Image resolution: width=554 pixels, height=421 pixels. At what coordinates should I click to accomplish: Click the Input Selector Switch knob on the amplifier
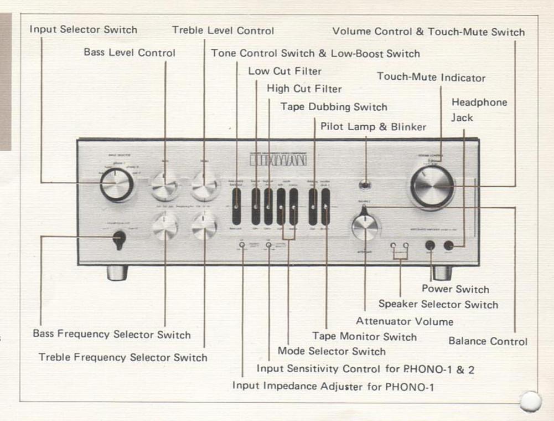click(x=117, y=184)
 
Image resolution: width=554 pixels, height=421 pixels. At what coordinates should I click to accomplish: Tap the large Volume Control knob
click(x=432, y=186)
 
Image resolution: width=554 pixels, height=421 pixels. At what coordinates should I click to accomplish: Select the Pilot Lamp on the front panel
click(x=365, y=185)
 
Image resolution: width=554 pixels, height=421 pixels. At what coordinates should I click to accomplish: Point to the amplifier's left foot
click(x=117, y=272)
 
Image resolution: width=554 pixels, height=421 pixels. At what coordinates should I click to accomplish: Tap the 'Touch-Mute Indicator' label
click(x=431, y=78)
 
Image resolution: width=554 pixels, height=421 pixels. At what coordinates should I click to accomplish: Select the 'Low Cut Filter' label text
click(x=284, y=71)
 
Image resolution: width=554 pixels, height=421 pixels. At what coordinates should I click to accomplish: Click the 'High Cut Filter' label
click(x=304, y=89)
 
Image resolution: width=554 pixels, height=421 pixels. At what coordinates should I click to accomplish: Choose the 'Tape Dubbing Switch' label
click(x=333, y=107)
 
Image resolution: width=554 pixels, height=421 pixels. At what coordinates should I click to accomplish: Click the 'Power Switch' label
click(x=455, y=289)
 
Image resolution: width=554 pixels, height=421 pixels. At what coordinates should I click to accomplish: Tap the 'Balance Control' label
click(x=488, y=341)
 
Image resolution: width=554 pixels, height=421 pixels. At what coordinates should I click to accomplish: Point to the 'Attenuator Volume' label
click(x=404, y=321)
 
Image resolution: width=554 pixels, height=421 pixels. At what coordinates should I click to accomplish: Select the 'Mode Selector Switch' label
click(x=331, y=351)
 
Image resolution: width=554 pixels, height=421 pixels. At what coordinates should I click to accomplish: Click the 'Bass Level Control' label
click(x=130, y=53)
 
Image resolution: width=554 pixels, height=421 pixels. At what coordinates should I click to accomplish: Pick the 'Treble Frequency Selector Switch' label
click(x=123, y=357)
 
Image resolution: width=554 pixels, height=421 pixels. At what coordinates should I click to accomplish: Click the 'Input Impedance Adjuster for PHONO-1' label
click(x=333, y=386)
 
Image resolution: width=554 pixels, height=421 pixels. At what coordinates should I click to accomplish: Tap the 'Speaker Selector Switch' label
click(x=438, y=304)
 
